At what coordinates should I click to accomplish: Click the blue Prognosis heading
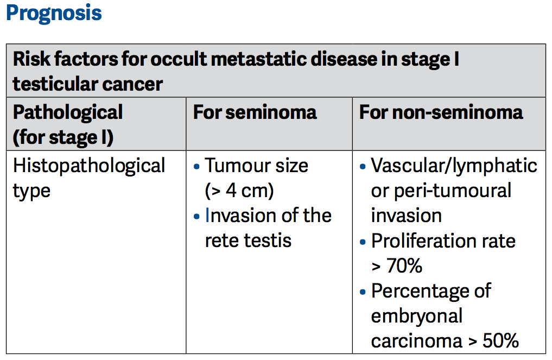click(x=54, y=13)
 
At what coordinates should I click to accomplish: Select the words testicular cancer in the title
click(x=87, y=84)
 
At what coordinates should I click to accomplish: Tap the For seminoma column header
click(x=255, y=112)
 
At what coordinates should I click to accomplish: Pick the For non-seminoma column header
click(x=441, y=112)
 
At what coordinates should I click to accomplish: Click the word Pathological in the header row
click(x=68, y=112)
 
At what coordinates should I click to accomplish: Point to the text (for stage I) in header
click(x=63, y=137)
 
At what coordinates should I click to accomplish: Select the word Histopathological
click(x=89, y=165)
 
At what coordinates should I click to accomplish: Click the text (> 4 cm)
click(x=239, y=191)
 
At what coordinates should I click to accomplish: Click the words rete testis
click(x=248, y=240)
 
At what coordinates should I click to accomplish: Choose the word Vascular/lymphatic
click(x=454, y=165)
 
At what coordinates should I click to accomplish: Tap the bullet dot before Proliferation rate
click(x=363, y=241)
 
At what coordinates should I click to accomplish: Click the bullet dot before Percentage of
click(x=363, y=292)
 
